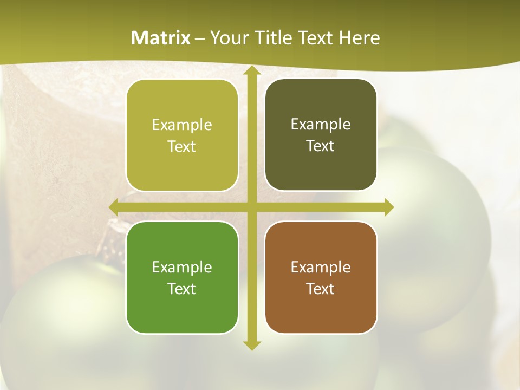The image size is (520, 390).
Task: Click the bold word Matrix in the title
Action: point(161,38)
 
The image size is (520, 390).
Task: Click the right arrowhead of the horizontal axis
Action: point(388,207)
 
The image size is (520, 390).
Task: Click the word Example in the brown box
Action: point(321,267)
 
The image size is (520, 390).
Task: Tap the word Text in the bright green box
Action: point(182,289)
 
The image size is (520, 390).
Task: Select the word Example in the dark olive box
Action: point(321,124)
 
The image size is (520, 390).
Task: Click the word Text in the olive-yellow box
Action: point(182,147)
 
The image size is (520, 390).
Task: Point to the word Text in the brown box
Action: point(321,289)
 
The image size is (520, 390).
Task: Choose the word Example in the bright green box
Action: point(182,267)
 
